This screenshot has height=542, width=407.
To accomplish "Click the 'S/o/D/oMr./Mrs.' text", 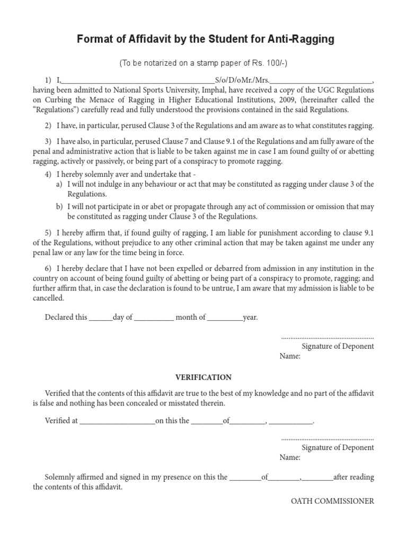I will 242,80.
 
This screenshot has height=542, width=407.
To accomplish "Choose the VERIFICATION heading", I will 203,377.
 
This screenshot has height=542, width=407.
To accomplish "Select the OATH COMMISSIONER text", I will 333,501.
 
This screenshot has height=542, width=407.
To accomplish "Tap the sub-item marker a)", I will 59,184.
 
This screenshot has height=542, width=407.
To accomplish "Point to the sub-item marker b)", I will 59,206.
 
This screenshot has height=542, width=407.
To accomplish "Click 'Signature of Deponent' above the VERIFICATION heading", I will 338,346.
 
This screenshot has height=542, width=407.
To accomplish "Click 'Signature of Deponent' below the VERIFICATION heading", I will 338,448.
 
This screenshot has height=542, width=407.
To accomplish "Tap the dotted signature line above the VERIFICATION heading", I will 328,337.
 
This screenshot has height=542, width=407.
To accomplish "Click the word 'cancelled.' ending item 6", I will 48,298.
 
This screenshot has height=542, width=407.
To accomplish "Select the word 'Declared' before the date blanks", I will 59,318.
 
